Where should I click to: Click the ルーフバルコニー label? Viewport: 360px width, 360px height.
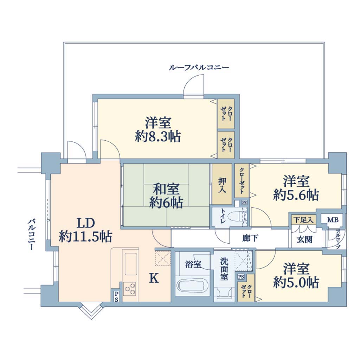coord(199,68)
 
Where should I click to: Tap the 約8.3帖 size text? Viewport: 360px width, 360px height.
coord(158,137)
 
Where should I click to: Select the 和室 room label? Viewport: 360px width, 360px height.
coord(166,189)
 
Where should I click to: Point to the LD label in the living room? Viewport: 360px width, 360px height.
coord(86,223)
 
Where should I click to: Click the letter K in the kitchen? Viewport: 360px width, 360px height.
coord(154,278)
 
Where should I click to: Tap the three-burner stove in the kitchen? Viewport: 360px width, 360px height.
coord(130,288)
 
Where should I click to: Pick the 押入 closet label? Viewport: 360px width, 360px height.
coord(222,185)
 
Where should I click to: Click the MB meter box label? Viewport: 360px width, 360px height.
coord(333,220)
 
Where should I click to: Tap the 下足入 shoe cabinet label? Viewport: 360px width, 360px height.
coord(304,220)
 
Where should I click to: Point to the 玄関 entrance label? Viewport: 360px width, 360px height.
coord(304,239)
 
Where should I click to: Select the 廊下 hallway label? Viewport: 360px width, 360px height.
coord(250,238)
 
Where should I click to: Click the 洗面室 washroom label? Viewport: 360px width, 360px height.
coord(224,269)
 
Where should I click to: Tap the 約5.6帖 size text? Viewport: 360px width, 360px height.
coord(296,195)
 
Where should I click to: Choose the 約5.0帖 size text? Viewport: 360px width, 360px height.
coord(296,282)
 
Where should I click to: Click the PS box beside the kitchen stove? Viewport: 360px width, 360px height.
coord(116,296)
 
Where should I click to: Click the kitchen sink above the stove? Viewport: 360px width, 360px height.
coord(131,264)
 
